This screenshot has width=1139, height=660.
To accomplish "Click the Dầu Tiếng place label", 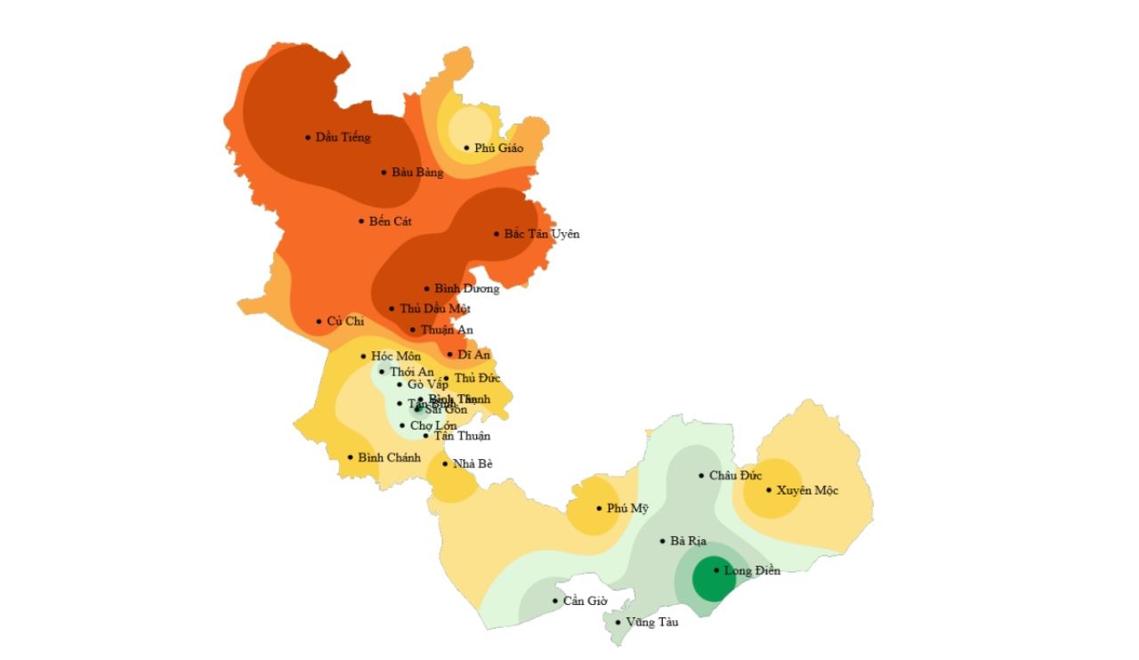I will coord(343,138).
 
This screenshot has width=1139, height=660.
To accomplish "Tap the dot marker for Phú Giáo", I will coord(466,148).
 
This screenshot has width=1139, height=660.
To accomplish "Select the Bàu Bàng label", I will coord(417,173).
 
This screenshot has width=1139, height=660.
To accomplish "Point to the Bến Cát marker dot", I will coord(361,221).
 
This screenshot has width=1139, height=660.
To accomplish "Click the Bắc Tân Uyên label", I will coord(542,234).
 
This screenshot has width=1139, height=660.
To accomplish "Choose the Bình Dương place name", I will coord(467,289).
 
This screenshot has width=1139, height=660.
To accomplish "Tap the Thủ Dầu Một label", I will coord(435,309).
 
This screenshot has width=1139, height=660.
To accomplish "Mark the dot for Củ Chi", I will coord(319,321).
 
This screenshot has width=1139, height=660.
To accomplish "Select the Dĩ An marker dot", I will coord(449,354).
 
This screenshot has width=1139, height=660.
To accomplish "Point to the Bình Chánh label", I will coord(389,458).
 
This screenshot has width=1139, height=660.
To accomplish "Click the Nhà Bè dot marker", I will coord(445,463).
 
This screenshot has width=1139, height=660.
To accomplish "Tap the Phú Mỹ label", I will coord(627,509).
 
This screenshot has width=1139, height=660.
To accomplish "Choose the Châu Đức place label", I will coord(735,476).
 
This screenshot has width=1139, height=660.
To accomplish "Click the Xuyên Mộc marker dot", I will coord(769,489).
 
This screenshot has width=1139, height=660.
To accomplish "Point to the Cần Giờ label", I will coord(585,601).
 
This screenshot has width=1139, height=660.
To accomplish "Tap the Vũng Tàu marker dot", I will coord(618,622).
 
